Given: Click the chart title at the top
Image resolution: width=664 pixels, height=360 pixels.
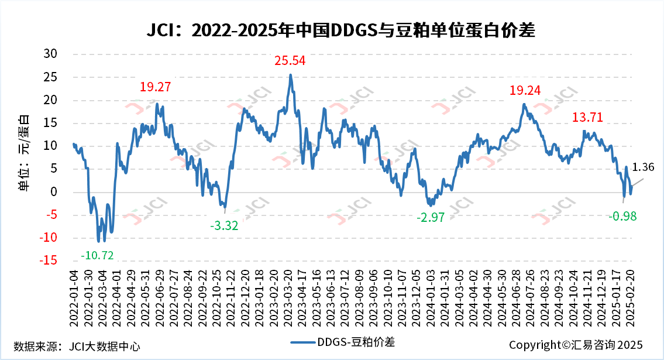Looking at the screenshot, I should tap(340, 30).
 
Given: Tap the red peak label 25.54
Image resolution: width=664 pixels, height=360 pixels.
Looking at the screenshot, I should tap(290, 60).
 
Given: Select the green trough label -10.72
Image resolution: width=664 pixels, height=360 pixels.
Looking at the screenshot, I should tap(97, 255).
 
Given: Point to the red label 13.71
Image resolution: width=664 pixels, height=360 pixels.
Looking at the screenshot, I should tap(587, 118).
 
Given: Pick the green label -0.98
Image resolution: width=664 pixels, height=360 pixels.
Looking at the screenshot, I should tap(622, 217).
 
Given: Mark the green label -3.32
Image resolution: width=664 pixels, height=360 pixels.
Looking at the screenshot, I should tap(224, 226).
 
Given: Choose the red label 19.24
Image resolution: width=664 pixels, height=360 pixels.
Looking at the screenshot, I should tap(525, 91).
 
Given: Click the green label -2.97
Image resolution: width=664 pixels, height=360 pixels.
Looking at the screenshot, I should tap(431, 218).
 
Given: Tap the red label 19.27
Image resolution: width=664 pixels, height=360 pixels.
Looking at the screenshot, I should tap(156, 87).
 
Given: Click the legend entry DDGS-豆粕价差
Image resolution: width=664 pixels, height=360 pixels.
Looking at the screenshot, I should tap(346, 342).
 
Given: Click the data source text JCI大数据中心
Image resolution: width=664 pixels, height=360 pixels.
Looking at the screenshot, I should tap(77, 345).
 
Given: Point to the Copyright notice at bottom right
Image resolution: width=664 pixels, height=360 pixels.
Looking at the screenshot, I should tap(576, 345).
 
